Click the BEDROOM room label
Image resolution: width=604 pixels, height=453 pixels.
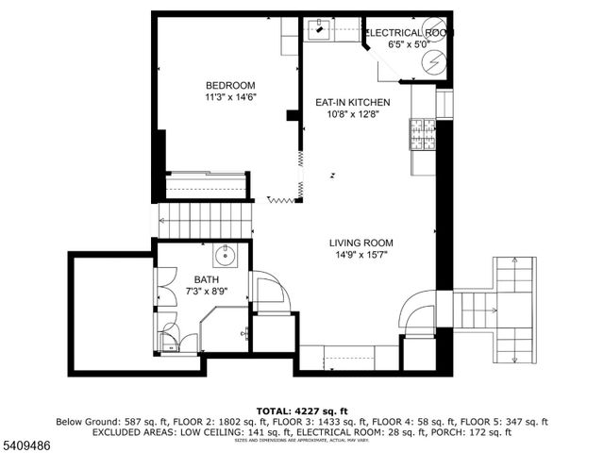[231, 84]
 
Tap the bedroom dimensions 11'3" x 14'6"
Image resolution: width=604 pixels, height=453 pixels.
[231, 96]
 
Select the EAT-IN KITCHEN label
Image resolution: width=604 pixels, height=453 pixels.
[352, 102]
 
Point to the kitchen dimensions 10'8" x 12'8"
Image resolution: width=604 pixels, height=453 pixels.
[352, 114]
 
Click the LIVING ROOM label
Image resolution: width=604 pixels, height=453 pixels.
[361, 242]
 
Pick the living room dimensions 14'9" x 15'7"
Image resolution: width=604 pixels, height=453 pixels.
[361, 254]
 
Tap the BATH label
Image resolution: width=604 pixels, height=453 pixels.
[207, 279]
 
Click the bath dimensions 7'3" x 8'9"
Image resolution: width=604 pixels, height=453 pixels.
[206, 292]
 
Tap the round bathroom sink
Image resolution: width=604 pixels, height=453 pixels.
[226, 256]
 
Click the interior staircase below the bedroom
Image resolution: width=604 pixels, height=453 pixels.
[208, 223]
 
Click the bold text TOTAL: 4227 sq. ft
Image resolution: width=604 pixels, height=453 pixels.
[302, 411]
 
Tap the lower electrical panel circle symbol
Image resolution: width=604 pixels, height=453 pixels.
[433, 62]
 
